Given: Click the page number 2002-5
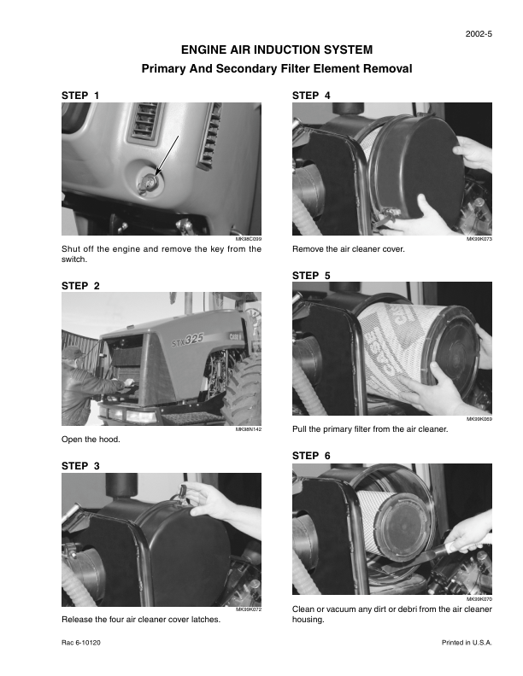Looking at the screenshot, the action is tap(479, 34).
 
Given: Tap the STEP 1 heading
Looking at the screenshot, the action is tap(80, 96).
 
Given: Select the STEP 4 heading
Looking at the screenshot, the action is tap(311, 96).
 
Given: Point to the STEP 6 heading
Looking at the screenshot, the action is tap(311, 456).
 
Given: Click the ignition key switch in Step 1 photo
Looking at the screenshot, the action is tap(149, 183).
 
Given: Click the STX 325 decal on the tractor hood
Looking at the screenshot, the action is tap(188, 340).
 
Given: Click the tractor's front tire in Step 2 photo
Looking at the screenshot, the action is tap(243, 390).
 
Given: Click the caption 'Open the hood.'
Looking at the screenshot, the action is tap(91, 440).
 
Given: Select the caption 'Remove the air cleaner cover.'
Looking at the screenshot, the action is tap(349, 249).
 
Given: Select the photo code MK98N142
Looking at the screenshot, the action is tap(249, 429).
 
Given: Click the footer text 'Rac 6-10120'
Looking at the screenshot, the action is tap(81, 643).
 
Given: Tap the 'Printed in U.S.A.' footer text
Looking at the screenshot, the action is tap(467, 643).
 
